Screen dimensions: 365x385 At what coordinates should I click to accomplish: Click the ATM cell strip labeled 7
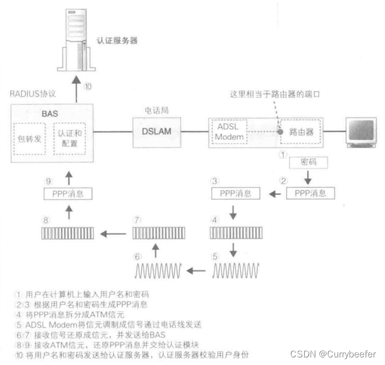[155, 235]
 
